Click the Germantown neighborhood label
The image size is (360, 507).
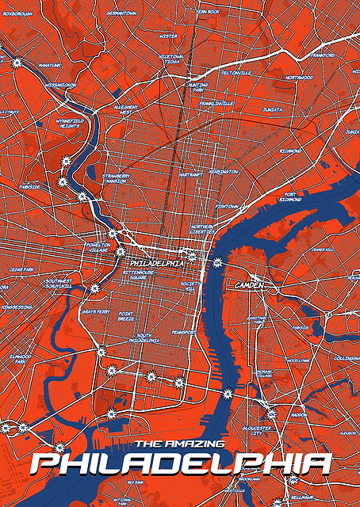121,13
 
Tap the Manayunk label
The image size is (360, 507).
28,65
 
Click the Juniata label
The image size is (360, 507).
273,109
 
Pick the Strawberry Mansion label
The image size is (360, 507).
115,179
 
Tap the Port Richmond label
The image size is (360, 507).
290,196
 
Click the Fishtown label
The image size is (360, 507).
226,206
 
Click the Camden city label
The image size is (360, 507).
248,284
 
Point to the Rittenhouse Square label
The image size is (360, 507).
139,274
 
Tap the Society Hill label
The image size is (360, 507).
191,286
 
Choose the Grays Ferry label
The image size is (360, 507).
96,312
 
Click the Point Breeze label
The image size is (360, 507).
127,316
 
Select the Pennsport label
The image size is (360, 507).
183,333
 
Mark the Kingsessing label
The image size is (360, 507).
17,307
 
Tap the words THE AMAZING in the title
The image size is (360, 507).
180,444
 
